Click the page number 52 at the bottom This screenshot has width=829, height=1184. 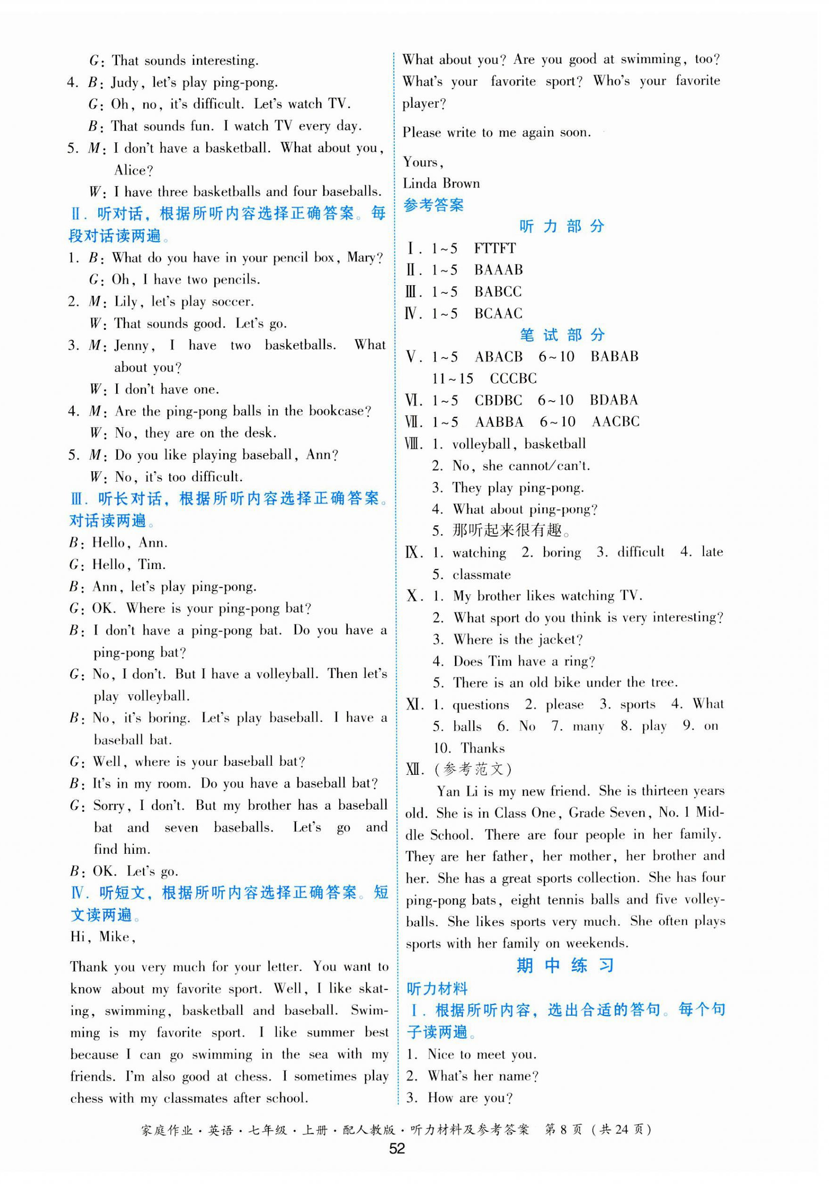(x=397, y=1148)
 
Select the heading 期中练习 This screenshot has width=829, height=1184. (x=564, y=965)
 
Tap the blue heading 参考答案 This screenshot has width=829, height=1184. (x=433, y=205)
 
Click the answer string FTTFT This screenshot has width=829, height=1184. (x=494, y=249)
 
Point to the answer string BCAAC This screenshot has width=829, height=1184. (x=498, y=313)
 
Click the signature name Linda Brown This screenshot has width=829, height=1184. (x=441, y=184)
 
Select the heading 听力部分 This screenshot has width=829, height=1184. (x=561, y=226)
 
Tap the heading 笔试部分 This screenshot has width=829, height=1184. (x=562, y=335)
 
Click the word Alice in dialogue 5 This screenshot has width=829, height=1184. (x=133, y=170)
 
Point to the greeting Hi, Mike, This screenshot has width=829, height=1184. (x=102, y=936)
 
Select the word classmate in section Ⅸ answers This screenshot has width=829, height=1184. (x=481, y=575)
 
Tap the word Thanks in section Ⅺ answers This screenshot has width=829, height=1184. (x=482, y=748)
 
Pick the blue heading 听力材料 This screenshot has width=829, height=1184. (x=437, y=988)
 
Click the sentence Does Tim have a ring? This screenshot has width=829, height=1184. (x=524, y=661)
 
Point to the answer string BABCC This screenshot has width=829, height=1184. (x=498, y=292)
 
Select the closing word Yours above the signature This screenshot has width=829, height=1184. (x=422, y=162)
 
